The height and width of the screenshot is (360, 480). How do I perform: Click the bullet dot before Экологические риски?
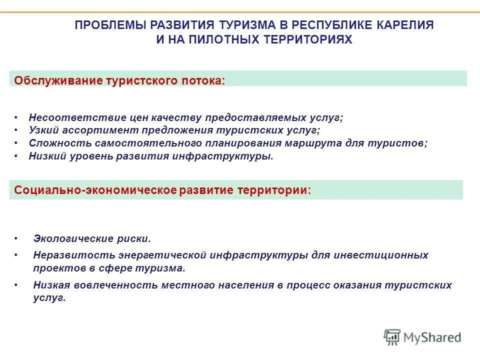(x=16, y=239)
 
